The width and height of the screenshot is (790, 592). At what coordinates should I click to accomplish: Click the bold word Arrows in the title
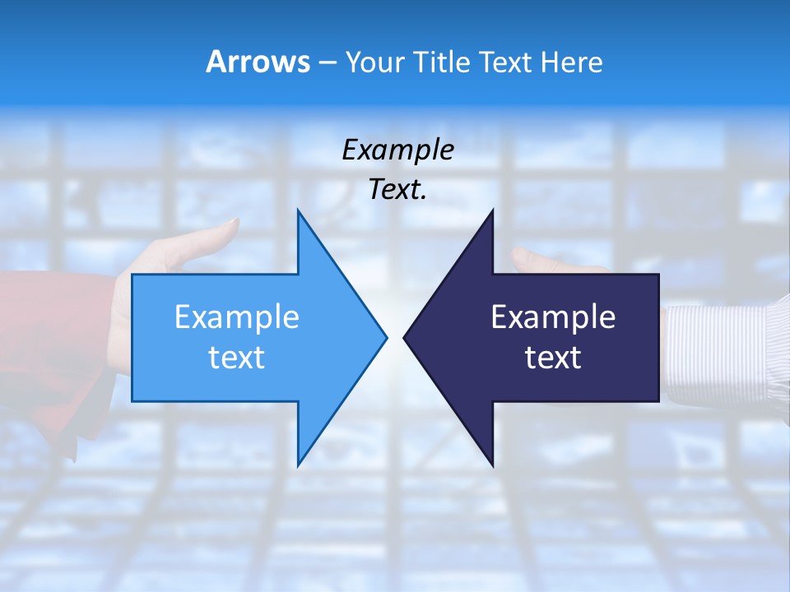tap(257, 62)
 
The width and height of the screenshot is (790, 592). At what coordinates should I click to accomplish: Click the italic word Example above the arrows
tap(397, 150)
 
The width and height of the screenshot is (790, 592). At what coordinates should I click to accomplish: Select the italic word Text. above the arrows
tap(397, 190)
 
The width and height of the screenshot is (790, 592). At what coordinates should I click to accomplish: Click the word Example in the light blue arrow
tap(237, 317)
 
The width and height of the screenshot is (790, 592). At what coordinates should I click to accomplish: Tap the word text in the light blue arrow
tap(237, 357)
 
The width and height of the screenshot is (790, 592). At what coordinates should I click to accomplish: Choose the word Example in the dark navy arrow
tap(553, 317)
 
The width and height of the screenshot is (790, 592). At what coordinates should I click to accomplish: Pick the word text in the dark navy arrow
tap(553, 357)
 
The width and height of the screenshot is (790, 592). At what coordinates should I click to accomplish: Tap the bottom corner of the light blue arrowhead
tap(298, 464)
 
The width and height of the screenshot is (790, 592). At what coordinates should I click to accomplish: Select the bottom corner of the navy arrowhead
tap(492, 464)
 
